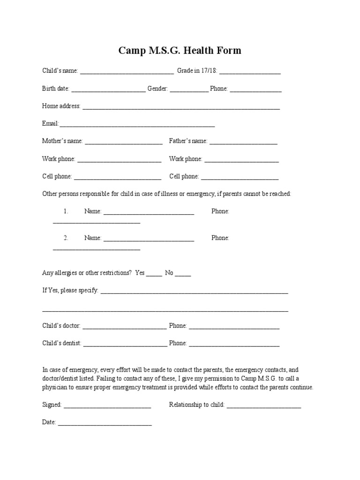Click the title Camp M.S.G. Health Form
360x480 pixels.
[x=180, y=50]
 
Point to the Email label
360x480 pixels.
[x=50, y=124]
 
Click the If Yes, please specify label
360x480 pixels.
[x=70, y=291]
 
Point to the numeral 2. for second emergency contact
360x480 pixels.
[x=66, y=238]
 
